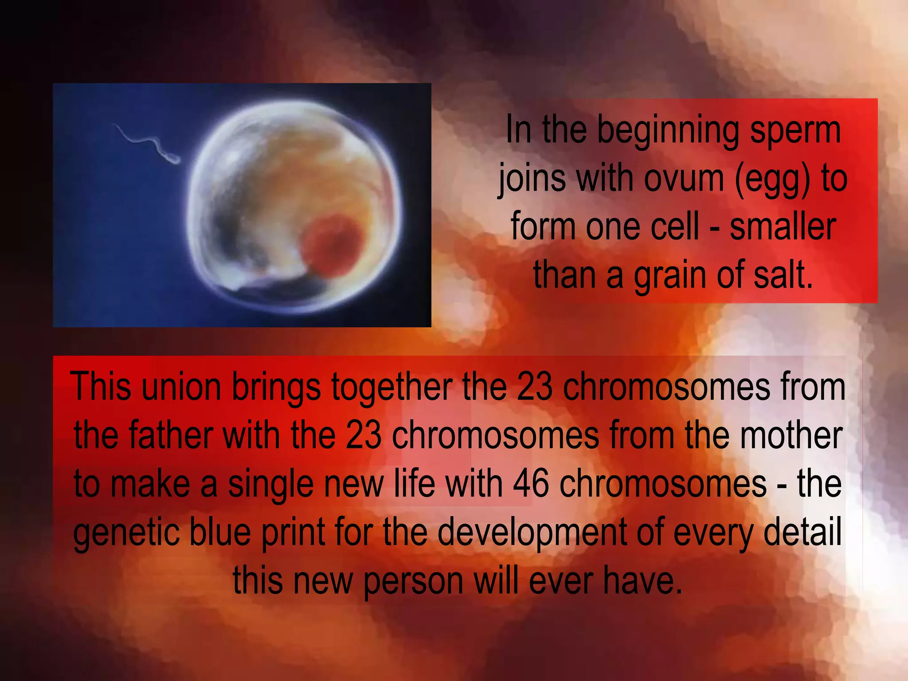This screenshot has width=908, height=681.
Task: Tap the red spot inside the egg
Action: (331, 245)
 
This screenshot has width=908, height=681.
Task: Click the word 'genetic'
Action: (126, 532)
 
